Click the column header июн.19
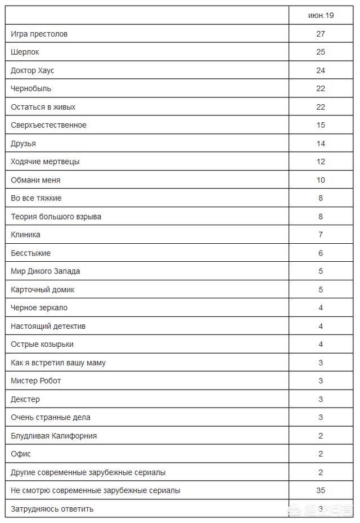click(321, 15)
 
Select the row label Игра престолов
click(39, 34)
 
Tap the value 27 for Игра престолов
click(321, 34)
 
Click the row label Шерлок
click(25, 52)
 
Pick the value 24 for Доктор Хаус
click(321, 70)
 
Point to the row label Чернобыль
click(31, 88)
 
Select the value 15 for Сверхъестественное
click(321, 125)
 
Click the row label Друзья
click(23, 144)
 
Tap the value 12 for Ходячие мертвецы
click(321, 162)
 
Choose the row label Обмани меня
click(35, 180)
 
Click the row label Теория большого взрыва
click(56, 216)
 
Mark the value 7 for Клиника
click(321, 234)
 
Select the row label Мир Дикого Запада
click(46, 271)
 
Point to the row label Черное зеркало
click(39, 307)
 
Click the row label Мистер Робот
click(36, 381)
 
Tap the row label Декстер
click(25, 399)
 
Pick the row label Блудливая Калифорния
click(53, 436)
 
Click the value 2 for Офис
click(321, 454)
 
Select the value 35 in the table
click(321, 490)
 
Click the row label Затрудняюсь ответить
click(52, 509)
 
